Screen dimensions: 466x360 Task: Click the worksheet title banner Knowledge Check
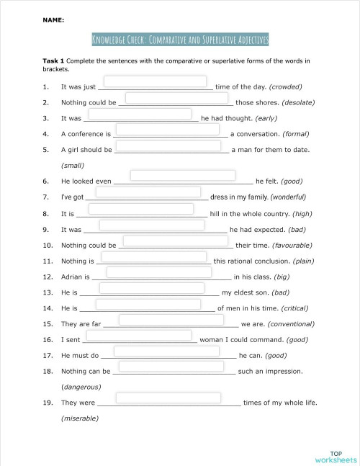pyautogui.click(x=180, y=40)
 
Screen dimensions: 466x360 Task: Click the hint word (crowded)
pyautogui.click(x=285, y=86)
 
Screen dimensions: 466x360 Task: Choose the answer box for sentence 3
pyautogui.click(x=139, y=113)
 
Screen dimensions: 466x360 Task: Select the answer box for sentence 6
pyautogui.click(x=182, y=175)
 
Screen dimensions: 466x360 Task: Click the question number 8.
pyautogui.click(x=46, y=213)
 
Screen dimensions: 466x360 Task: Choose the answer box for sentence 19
pyautogui.click(x=168, y=398)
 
